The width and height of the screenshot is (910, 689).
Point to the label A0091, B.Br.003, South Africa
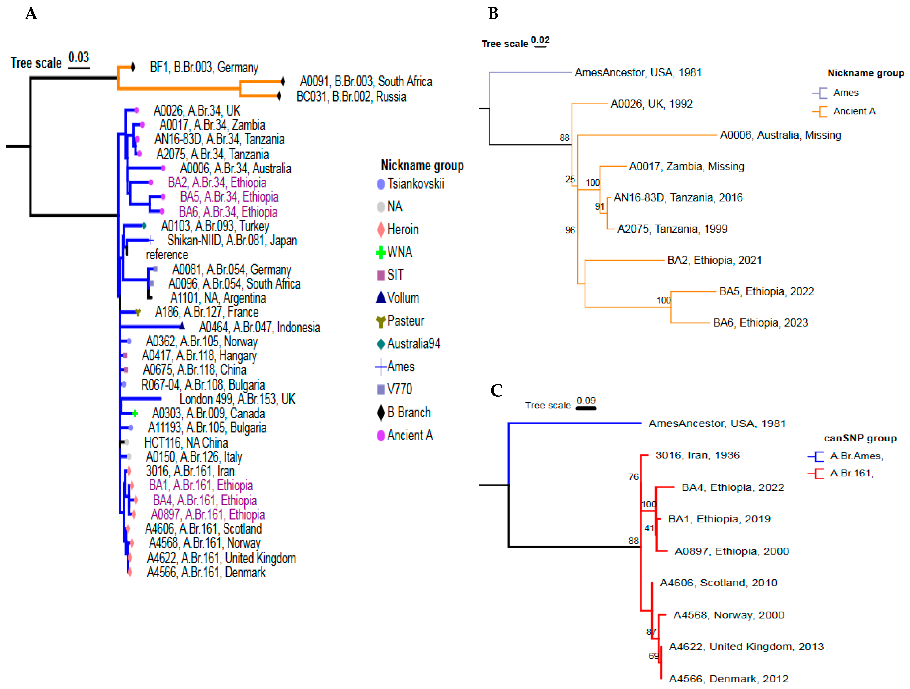(366, 81)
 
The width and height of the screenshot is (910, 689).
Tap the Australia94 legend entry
(413, 343)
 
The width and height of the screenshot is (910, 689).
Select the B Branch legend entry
(408, 412)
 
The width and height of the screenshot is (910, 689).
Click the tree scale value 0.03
(79, 57)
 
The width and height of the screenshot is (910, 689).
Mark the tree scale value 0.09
(586, 400)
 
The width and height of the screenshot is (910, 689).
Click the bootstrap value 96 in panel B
(570, 230)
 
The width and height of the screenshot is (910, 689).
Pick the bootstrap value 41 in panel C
(649, 528)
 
